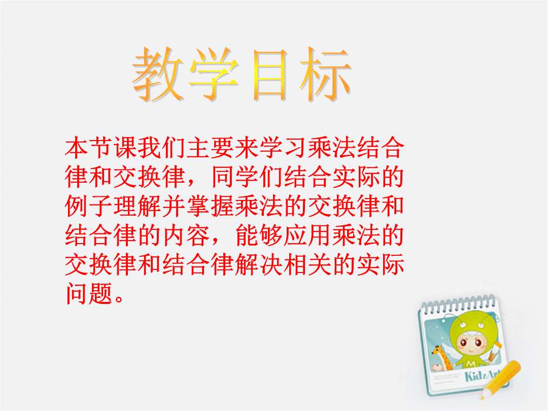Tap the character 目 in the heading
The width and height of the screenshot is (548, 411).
[269, 75]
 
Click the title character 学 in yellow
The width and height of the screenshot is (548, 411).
[214, 74]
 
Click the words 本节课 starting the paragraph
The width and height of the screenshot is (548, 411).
[101, 148]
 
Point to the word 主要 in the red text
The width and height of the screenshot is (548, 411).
[211, 148]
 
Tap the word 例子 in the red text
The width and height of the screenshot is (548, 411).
[89, 206]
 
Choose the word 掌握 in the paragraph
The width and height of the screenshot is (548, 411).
[211, 206]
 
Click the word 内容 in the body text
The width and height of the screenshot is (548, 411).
[186, 235]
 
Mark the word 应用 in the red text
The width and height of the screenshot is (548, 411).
[307, 235]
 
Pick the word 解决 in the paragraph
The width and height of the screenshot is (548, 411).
[259, 264]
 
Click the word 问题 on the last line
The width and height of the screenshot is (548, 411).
[89, 293]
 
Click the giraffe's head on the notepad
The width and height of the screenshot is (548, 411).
[436, 349]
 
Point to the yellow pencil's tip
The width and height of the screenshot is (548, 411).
[483, 397]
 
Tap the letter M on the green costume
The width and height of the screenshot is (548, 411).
[470, 364]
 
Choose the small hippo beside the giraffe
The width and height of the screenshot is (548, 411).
[436, 367]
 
